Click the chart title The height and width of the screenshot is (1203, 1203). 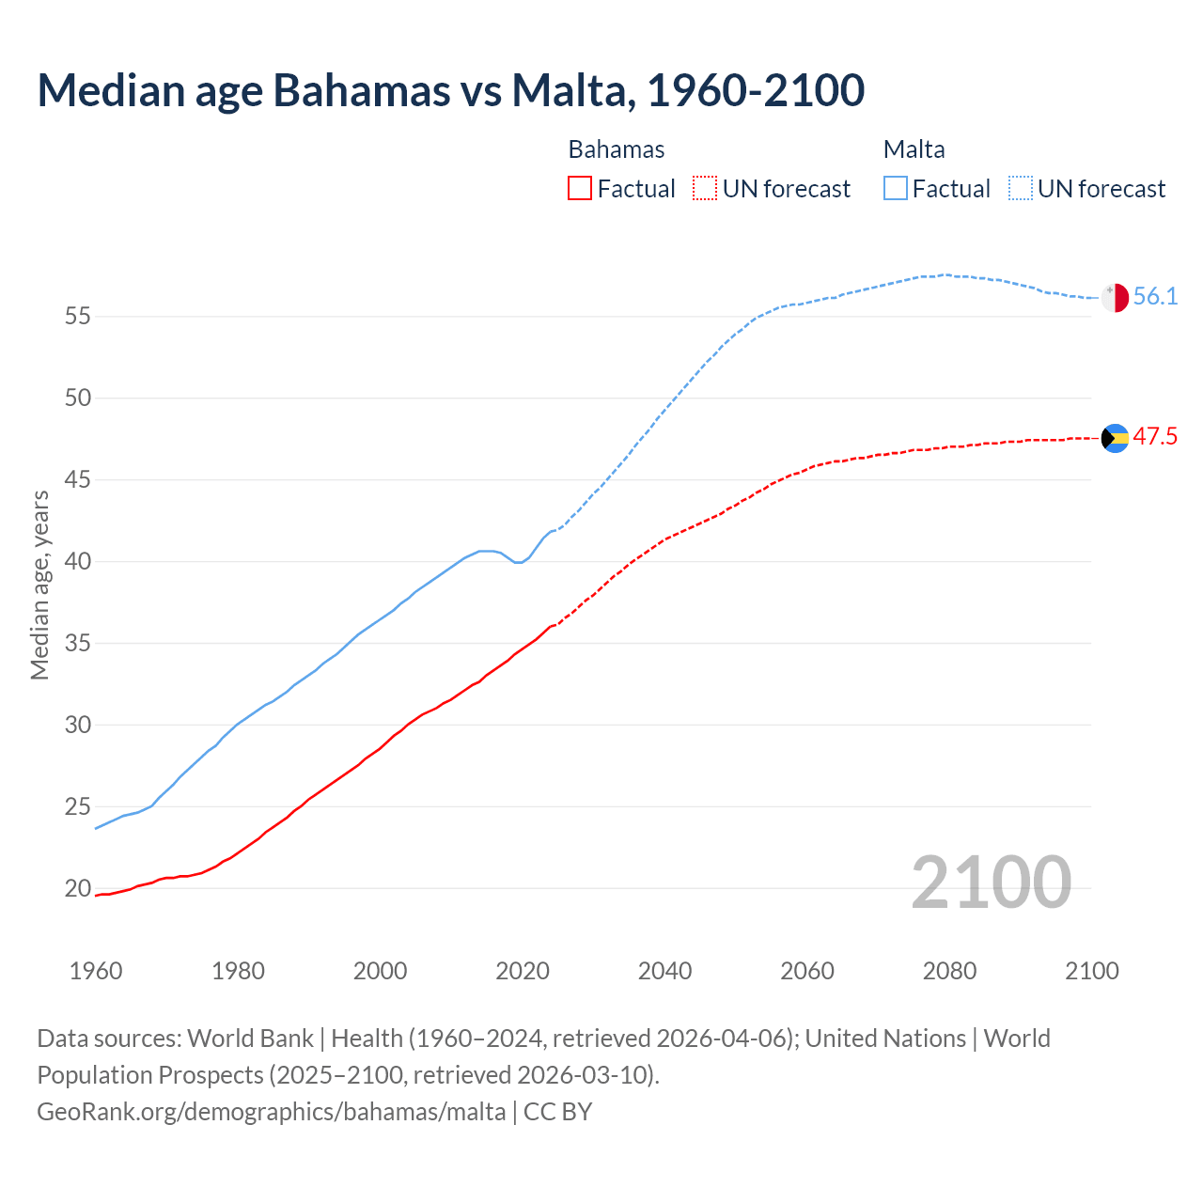(451, 90)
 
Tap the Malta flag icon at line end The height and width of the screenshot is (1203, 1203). (1115, 297)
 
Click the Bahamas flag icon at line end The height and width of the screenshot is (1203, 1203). (1115, 438)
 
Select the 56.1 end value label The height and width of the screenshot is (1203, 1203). (1155, 297)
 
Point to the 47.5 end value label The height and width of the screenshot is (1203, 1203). (1155, 437)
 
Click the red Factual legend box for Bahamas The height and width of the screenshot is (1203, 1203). (580, 188)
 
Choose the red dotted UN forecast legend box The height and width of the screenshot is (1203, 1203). (705, 188)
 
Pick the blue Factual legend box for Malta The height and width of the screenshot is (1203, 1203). (896, 188)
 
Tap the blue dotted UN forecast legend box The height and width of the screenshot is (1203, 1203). (1020, 188)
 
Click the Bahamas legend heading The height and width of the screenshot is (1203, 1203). (617, 149)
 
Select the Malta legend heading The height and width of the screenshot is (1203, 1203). (914, 149)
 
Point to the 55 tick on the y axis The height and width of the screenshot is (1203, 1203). (78, 317)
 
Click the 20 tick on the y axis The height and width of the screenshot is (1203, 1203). (78, 888)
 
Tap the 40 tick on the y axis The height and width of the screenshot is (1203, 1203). (78, 562)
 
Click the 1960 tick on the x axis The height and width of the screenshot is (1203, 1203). (96, 971)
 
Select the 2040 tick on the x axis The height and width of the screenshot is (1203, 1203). (664, 971)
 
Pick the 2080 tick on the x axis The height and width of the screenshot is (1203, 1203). (949, 971)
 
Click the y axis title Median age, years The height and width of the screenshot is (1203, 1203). (39, 585)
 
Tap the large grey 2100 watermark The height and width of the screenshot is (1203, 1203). (991, 882)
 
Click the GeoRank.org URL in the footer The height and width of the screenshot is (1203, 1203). (272, 1112)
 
